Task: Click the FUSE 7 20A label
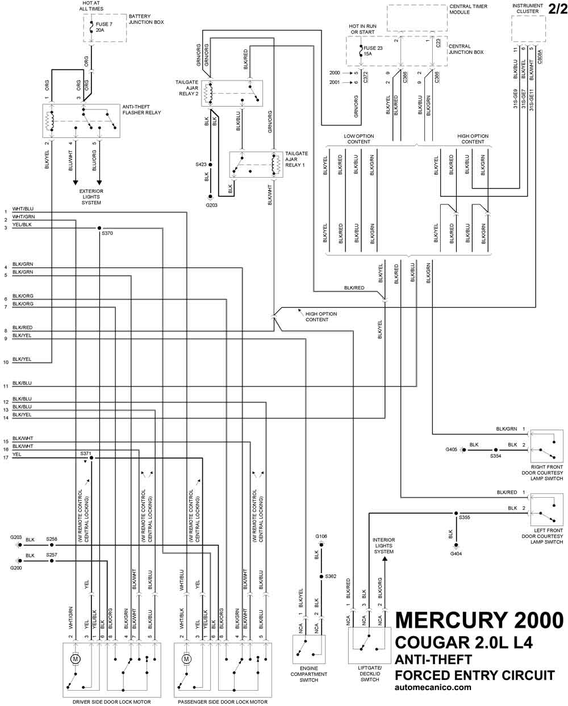pos(104,27)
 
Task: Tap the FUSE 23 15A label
pos(373,51)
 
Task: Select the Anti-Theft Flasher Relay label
pos(141,110)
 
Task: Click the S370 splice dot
pos(99,228)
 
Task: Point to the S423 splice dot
pos(211,165)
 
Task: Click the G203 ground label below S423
pos(211,205)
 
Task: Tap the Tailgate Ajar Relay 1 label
pos(296,159)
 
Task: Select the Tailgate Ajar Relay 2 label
pos(187,88)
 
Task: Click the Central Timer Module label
pos(468,9)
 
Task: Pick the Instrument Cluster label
pos(528,9)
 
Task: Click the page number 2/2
pos(558,9)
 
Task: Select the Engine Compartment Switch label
pos(308,674)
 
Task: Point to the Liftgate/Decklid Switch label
pos(370,674)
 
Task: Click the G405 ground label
pos(451,449)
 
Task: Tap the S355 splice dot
pos(456,514)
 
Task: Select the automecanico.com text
pos(433,687)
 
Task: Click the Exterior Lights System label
pos(91,197)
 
